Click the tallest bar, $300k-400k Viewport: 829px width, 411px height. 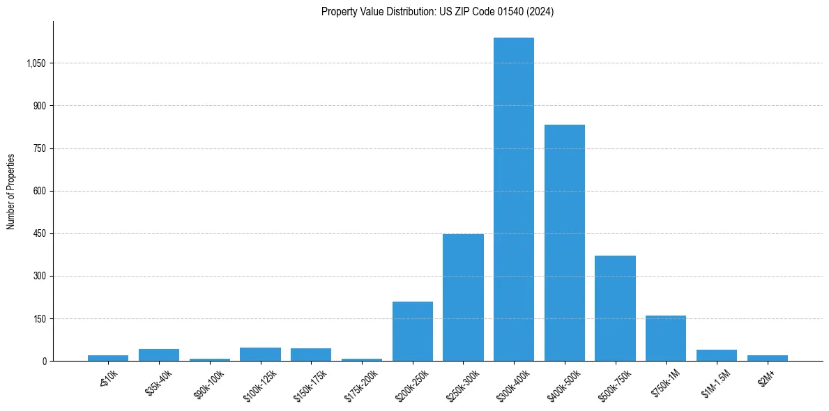tap(514, 199)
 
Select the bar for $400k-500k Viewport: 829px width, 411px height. tap(565, 242)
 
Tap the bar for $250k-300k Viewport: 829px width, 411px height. tap(463, 297)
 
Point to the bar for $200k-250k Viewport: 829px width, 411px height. tap(413, 331)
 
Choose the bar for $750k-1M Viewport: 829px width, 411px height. tap(666, 338)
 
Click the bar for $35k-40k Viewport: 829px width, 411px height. tap(159, 355)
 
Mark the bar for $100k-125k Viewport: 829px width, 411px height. tap(260, 354)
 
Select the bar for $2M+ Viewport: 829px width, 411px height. tap(767, 358)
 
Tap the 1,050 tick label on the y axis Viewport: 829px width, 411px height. tap(36, 63)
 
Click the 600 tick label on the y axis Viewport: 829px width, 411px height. tap(39, 191)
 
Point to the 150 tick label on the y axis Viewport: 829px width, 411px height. tap(39, 318)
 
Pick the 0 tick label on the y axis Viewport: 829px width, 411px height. tap(44, 361)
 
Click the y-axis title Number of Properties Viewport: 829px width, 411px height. tap(11, 191)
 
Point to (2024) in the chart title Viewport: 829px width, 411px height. tap(540, 12)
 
